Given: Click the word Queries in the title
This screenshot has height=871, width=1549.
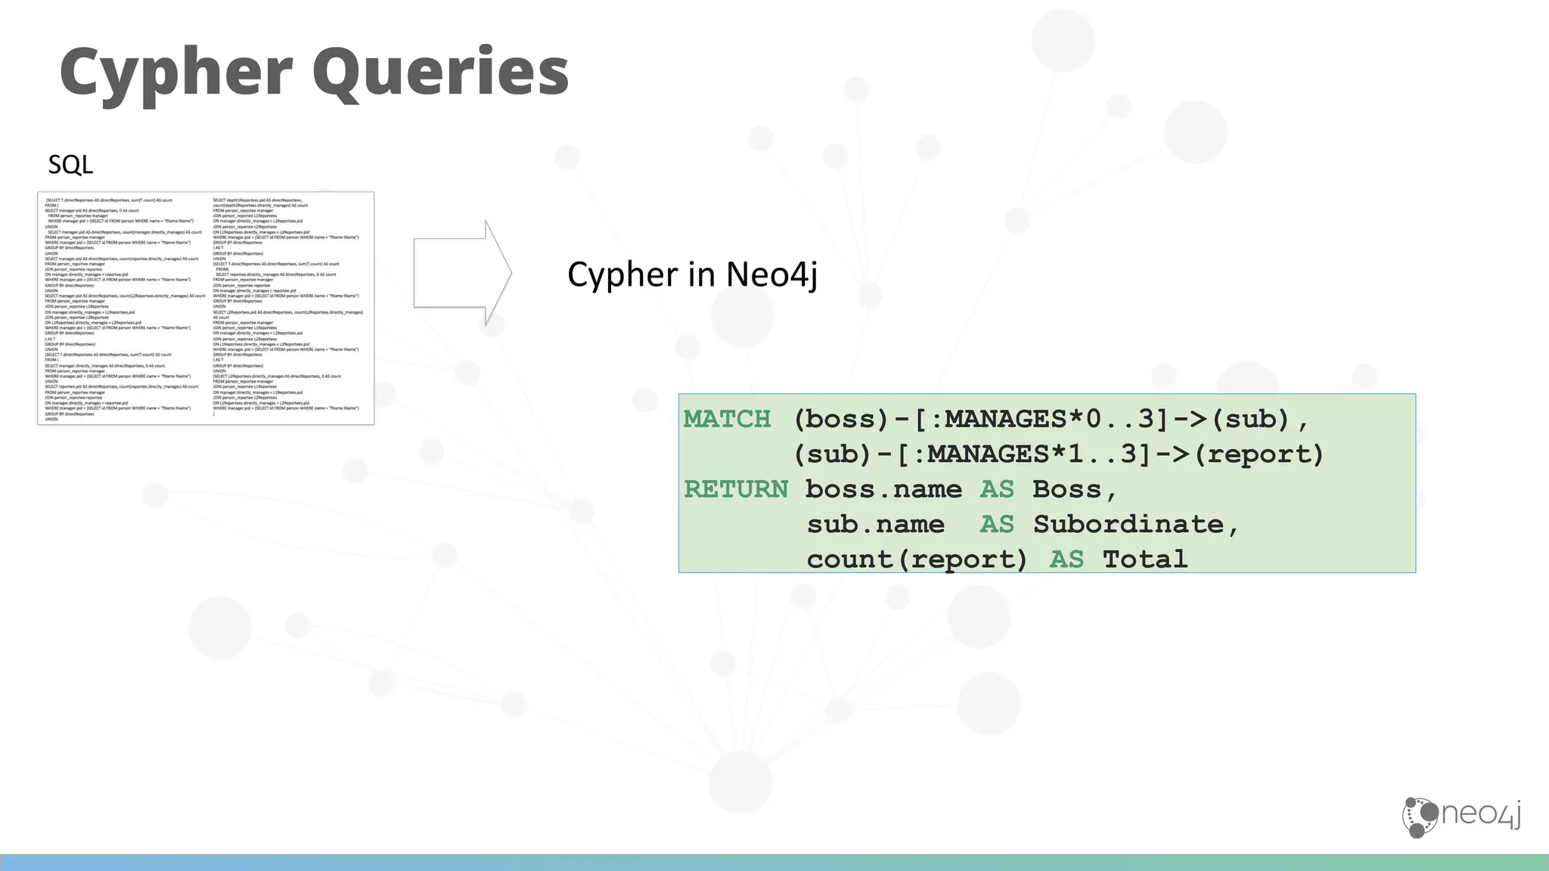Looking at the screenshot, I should pos(439,72).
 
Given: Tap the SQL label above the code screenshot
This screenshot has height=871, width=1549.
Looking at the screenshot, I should pos(70,164).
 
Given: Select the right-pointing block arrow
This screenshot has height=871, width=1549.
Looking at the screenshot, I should pos(462,273).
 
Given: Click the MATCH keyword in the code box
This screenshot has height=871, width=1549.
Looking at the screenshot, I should pos(727,419).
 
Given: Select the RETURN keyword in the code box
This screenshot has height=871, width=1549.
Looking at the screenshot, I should pos(735,489).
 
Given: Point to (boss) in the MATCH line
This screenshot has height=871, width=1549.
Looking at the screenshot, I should pos(840,419).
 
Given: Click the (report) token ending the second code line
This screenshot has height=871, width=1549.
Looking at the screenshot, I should pos(1259,454).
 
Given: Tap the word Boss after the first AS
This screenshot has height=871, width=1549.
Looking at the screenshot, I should pos(1066,489).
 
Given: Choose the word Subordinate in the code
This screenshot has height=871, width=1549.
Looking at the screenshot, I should pos(1128,524).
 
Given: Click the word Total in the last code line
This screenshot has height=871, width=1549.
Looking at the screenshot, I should pos(1144,559).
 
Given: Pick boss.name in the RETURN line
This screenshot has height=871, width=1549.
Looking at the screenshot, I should pos(883,489).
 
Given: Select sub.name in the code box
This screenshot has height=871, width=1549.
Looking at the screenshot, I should pos(875,524).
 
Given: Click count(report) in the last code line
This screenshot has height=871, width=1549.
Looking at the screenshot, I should pos(917,559).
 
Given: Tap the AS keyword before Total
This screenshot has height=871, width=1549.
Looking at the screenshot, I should pos(1066,559).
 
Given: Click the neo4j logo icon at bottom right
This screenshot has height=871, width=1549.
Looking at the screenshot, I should pos(1420,817).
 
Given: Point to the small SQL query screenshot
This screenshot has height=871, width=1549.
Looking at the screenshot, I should pos(206,308).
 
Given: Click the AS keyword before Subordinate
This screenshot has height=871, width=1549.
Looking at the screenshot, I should pos(997,524).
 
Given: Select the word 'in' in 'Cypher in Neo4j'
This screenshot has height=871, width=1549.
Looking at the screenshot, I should pos(700,274).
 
